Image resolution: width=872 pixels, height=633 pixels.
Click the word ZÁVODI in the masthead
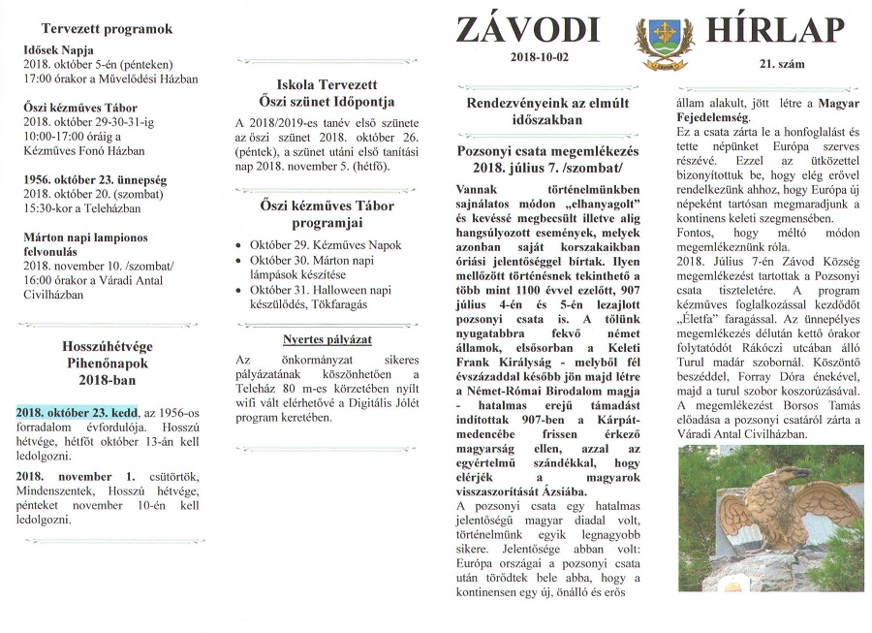[528, 29]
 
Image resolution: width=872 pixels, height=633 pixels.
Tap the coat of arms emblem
[664, 46]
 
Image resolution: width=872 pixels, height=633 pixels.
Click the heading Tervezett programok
[107, 29]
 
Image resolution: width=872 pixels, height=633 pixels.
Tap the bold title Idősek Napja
[60, 48]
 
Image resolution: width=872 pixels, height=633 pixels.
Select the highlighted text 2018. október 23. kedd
[78, 411]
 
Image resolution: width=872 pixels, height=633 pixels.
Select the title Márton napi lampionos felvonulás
[89, 242]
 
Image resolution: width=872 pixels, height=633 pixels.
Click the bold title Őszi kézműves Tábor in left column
[80, 108]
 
